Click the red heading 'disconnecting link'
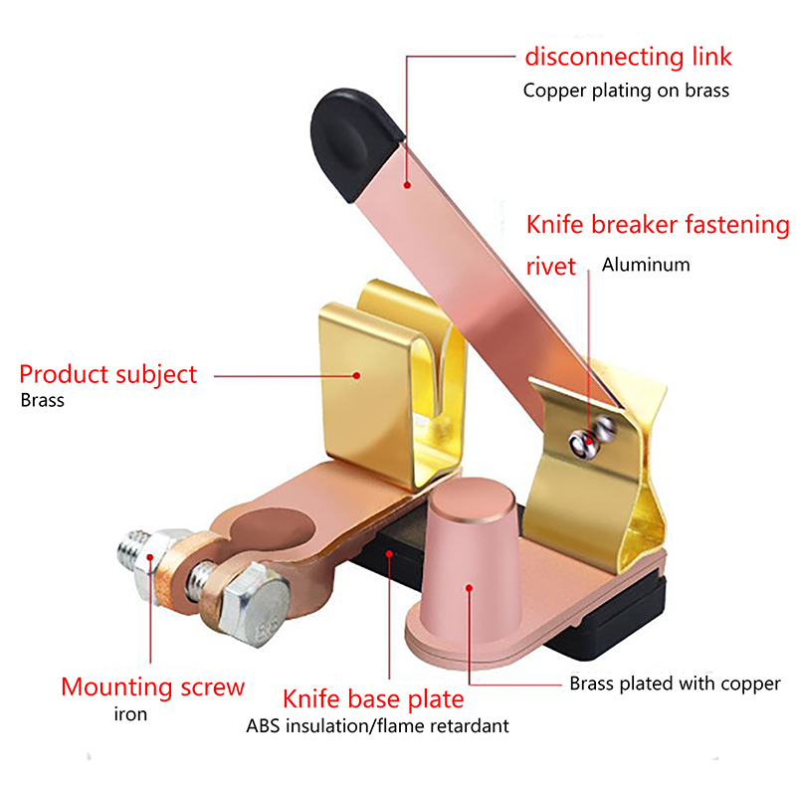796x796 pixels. [x=628, y=57]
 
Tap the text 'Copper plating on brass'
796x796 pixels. [x=626, y=91]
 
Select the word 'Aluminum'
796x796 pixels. [x=646, y=265]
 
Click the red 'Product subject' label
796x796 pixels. [x=107, y=375]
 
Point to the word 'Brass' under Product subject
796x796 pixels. [x=42, y=401]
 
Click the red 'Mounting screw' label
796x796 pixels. [x=153, y=688]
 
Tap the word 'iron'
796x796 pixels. [x=130, y=714]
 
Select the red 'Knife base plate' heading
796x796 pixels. [x=373, y=699]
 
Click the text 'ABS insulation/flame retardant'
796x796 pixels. [x=377, y=726]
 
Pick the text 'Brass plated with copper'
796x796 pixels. [x=675, y=684]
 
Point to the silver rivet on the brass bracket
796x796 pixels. [x=592, y=437]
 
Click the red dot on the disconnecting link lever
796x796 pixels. [x=407, y=185]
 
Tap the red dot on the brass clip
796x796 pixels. [x=357, y=376]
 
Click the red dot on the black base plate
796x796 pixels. [x=389, y=554]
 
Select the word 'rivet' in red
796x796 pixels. [x=551, y=266]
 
